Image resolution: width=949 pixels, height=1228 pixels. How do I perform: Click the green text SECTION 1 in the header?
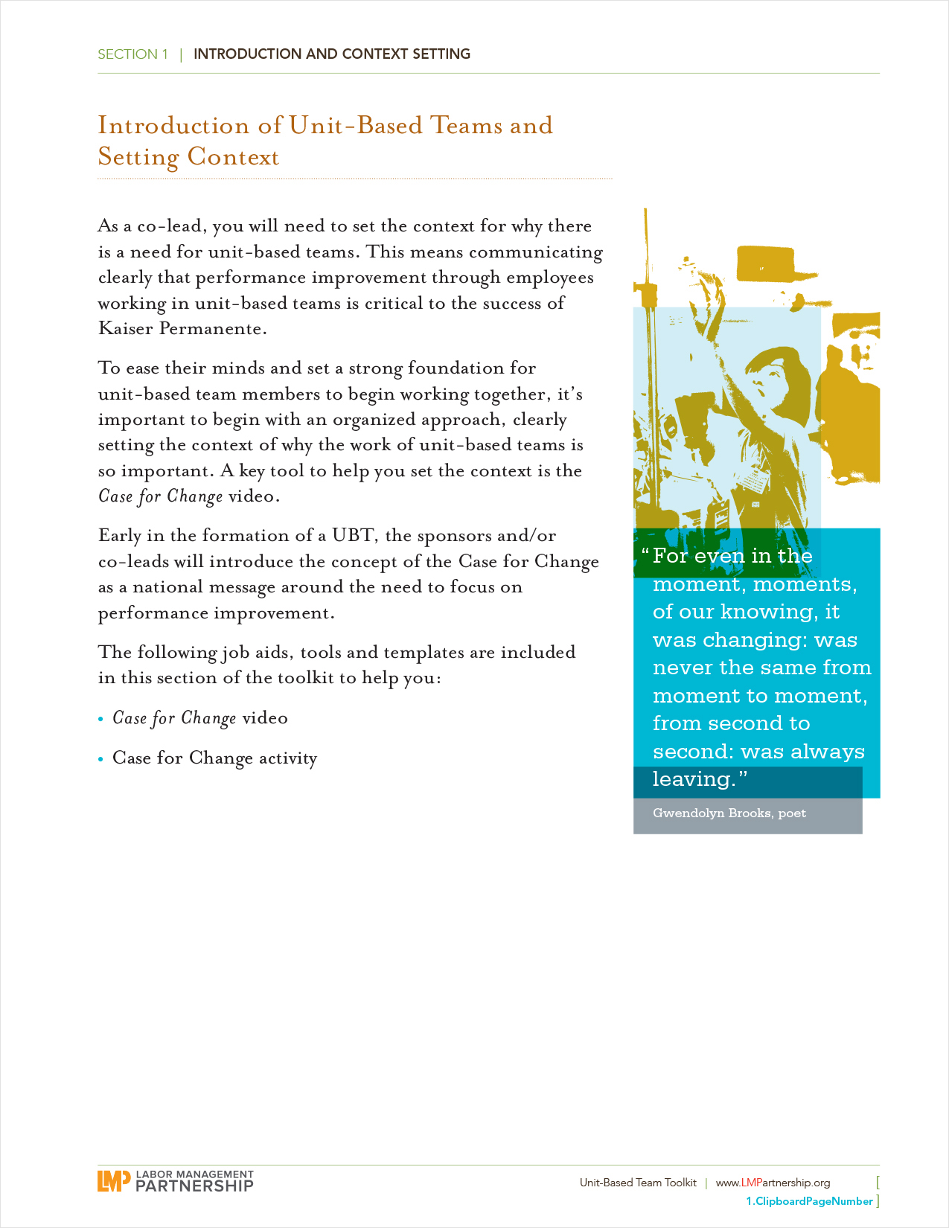[x=132, y=54]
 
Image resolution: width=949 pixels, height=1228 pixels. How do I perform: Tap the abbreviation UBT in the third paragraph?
[x=353, y=536]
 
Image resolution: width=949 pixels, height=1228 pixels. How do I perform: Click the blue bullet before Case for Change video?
[x=101, y=719]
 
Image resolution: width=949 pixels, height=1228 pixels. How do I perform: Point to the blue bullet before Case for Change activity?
[x=101, y=759]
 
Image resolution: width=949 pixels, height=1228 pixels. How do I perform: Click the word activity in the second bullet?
[x=288, y=758]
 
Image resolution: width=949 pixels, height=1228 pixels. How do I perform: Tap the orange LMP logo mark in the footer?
[x=113, y=1180]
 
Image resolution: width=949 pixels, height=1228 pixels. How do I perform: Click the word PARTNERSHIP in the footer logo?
[x=194, y=1186]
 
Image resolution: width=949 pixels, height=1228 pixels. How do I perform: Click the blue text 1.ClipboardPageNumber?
[x=809, y=1201]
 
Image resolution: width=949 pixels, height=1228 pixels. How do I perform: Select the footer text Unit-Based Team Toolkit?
[x=638, y=1183]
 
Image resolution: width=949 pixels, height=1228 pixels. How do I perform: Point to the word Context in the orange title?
[x=233, y=157]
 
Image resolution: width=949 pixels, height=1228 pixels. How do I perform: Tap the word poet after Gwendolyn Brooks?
[x=792, y=813]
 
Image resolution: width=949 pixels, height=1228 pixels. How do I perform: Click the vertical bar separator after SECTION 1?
[x=181, y=54]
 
